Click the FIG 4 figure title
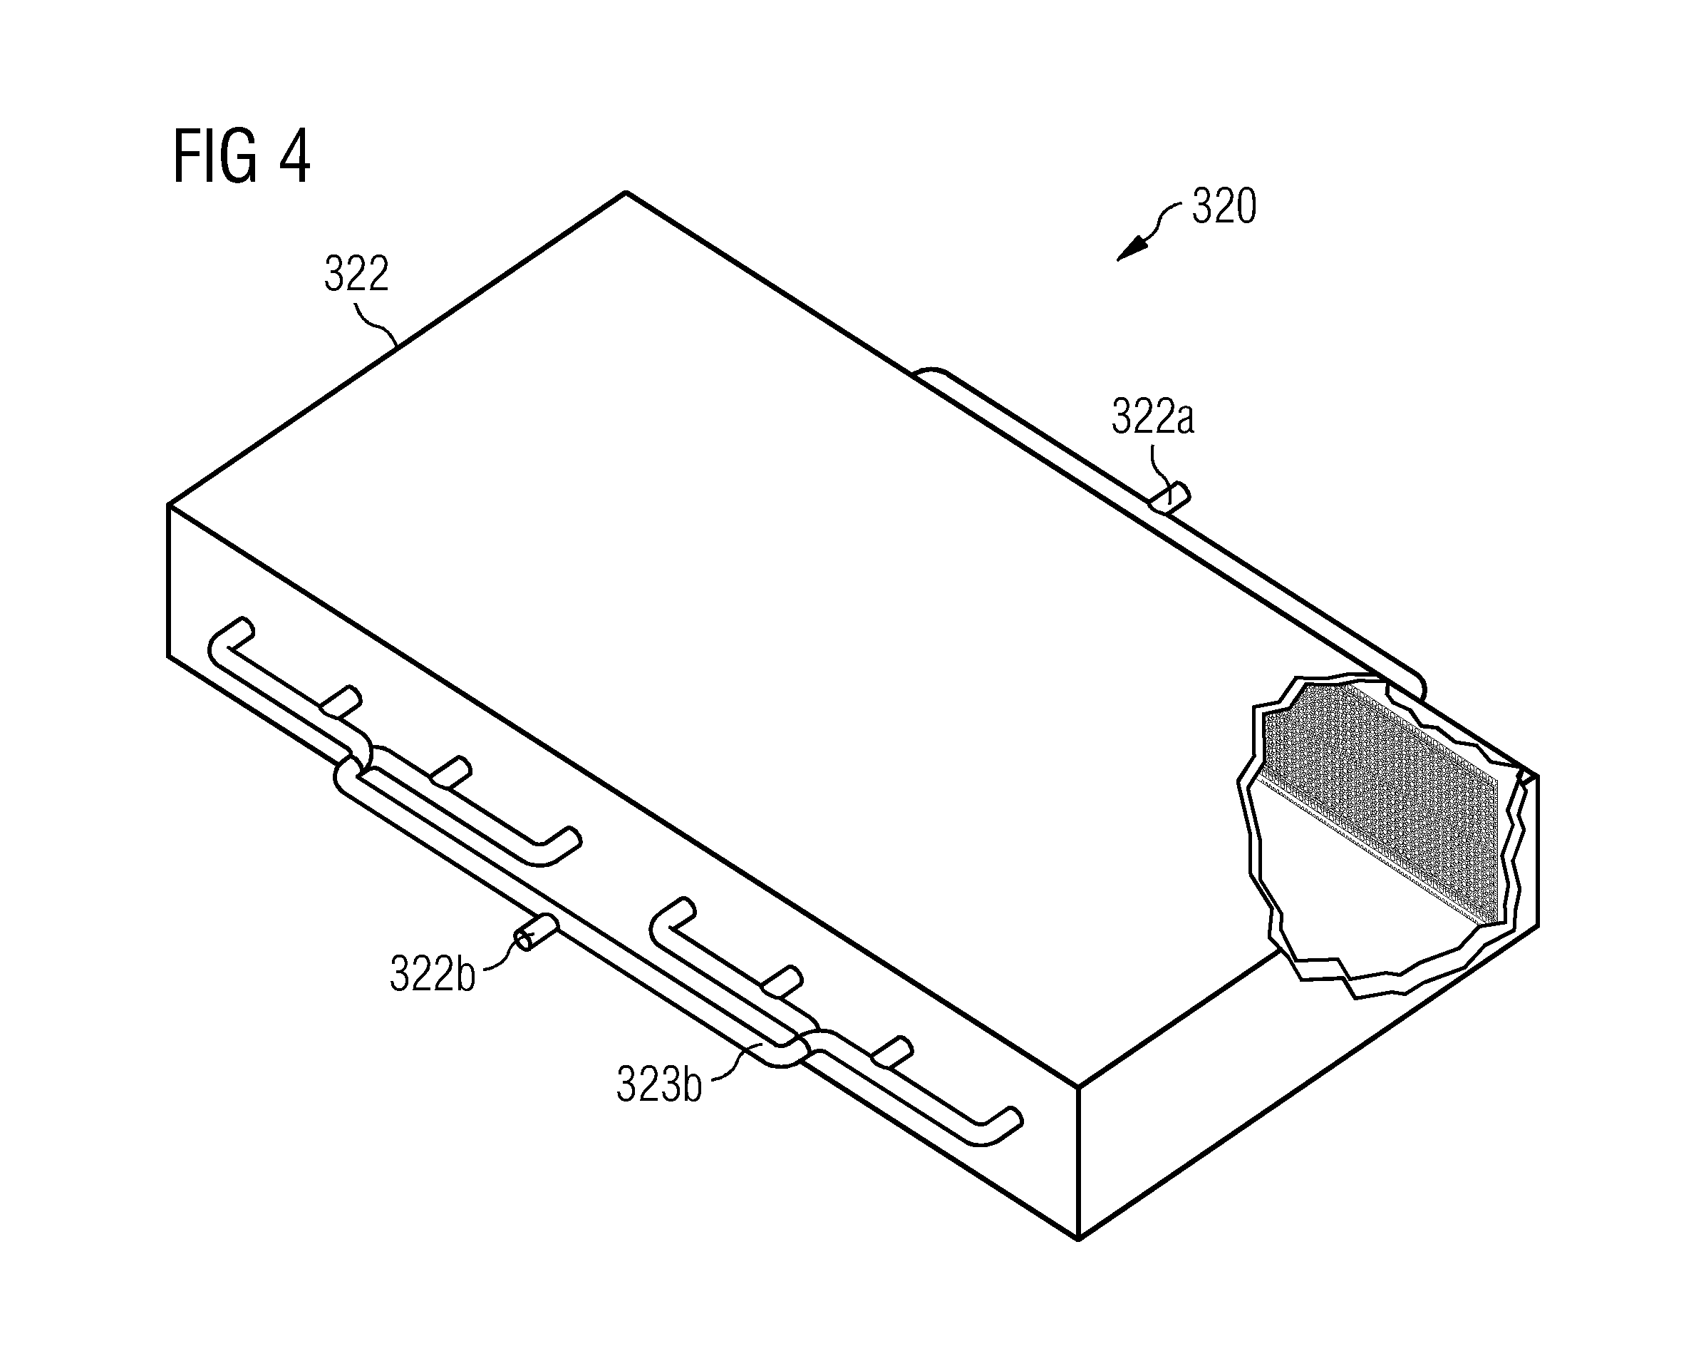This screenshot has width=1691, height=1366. click(242, 157)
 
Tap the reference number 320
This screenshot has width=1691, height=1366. click(1224, 206)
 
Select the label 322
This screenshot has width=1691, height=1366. click(356, 274)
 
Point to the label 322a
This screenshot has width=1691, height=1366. click(1152, 417)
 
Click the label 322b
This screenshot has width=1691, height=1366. click(433, 974)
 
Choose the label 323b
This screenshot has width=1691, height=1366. click(659, 1085)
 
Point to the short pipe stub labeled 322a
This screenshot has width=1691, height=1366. click(1169, 500)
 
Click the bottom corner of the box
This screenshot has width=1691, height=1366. click(1077, 1239)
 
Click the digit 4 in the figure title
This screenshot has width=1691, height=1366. click(294, 157)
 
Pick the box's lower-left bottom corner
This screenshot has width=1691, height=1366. click(168, 655)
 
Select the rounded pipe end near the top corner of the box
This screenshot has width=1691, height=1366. click(932, 373)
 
